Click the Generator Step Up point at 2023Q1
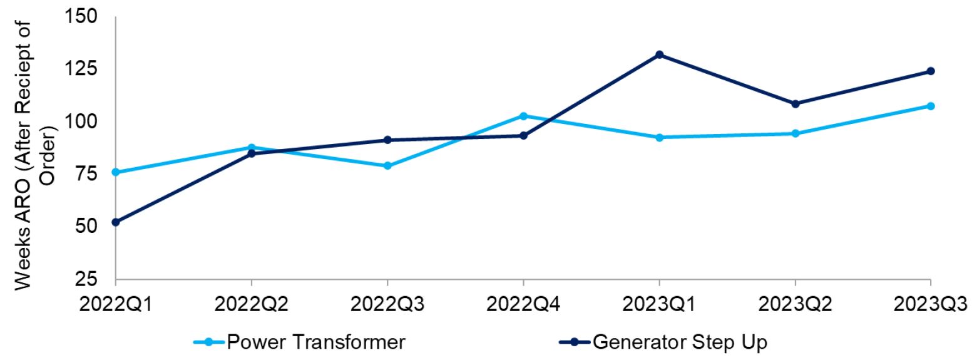659,55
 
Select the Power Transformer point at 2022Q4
523,116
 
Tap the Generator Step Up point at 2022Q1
116,222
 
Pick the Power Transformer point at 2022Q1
116,172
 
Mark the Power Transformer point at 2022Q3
387,166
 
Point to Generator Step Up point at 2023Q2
795,104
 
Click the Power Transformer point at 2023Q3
931,106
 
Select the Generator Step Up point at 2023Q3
931,71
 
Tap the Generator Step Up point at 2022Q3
387,140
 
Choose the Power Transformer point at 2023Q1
659,137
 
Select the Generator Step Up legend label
679,342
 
